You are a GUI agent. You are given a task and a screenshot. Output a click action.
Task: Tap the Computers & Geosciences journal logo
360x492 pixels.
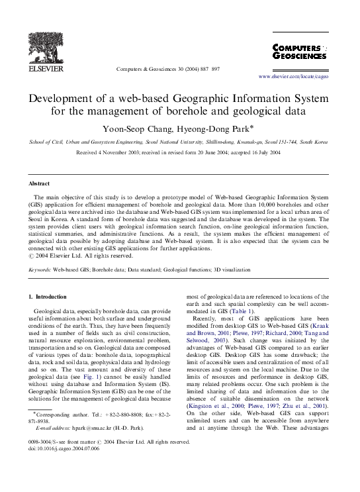pos(299,52)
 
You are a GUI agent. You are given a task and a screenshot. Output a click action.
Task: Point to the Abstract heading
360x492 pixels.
pos(39,183)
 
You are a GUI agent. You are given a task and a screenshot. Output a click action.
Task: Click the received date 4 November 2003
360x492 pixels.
pos(136,152)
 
